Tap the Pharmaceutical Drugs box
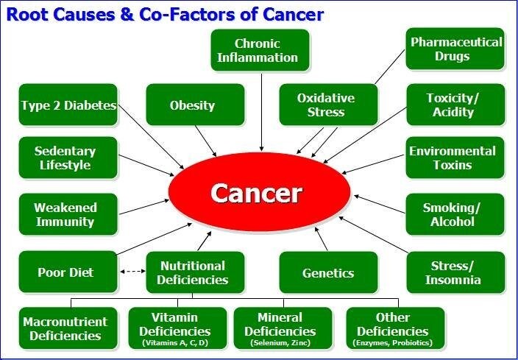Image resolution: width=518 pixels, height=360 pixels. tap(455, 49)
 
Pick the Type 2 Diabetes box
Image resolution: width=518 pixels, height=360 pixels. tap(68, 105)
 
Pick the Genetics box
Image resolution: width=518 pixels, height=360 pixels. tap(328, 272)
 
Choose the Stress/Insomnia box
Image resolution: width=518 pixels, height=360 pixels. tap(455, 272)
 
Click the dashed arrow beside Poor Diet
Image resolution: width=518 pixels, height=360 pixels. tap(132, 272)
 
